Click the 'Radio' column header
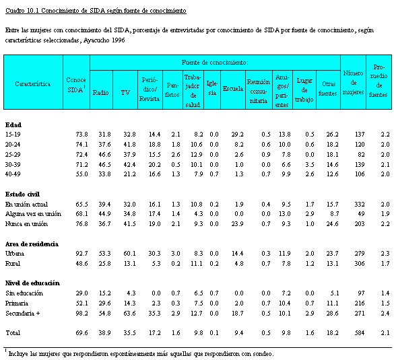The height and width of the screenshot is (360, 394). (101, 93)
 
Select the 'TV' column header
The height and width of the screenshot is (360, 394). (125, 93)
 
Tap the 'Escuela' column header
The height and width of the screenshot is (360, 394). (232, 88)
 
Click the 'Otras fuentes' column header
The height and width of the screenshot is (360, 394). (328, 88)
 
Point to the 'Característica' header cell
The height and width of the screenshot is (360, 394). (33, 83)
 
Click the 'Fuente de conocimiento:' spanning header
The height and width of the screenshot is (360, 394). (215, 63)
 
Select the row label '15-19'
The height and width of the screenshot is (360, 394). (13, 135)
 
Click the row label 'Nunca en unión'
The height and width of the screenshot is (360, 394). (27, 223)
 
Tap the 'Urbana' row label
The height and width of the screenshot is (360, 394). (15, 254)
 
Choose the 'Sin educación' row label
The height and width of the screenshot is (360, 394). (24, 293)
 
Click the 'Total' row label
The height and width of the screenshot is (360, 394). (13, 332)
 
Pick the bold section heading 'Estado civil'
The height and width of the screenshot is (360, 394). (22, 194)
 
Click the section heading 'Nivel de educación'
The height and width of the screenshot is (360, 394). (33, 283)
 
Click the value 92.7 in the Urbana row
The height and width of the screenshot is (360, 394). (81, 254)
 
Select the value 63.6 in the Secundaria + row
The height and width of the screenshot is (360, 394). (129, 313)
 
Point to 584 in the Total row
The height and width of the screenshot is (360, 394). (360, 332)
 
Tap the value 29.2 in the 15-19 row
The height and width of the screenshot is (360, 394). (238, 135)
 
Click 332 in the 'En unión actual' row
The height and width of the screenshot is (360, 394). (360, 204)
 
